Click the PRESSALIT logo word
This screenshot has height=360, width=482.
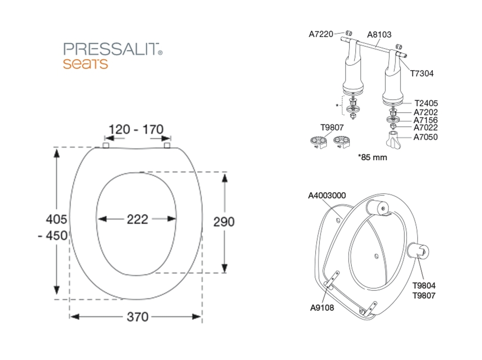(x=111, y=49)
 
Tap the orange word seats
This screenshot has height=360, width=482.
(x=85, y=63)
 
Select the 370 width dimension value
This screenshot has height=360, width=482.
(x=137, y=317)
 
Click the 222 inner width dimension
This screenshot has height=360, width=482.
(x=137, y=219)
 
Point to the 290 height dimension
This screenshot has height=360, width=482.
(x=224, y=222)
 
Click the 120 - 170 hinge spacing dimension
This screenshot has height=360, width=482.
(x=136, y=129)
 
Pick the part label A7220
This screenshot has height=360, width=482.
(x=321, y=34)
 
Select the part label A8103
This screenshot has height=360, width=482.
(x=379, y=34)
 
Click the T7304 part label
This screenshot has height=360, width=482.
(x=422, y=73)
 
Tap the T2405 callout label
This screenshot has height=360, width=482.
(x=426, y=103)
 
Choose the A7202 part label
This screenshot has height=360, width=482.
(x=425, y=113)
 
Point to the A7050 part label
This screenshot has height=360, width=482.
(x=425, y=137)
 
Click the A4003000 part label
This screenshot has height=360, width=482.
(x=327, y=195)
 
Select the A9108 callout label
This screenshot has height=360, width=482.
(x=322, y=308)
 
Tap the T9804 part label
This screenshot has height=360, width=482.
(x=424, y=286)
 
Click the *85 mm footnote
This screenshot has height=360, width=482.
(x=372, y=157)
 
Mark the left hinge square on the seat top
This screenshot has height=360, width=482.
(x=105, y=145)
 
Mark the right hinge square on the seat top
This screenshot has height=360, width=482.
(x=167, y=145)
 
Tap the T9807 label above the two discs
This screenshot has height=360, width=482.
(x=332, y=127)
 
